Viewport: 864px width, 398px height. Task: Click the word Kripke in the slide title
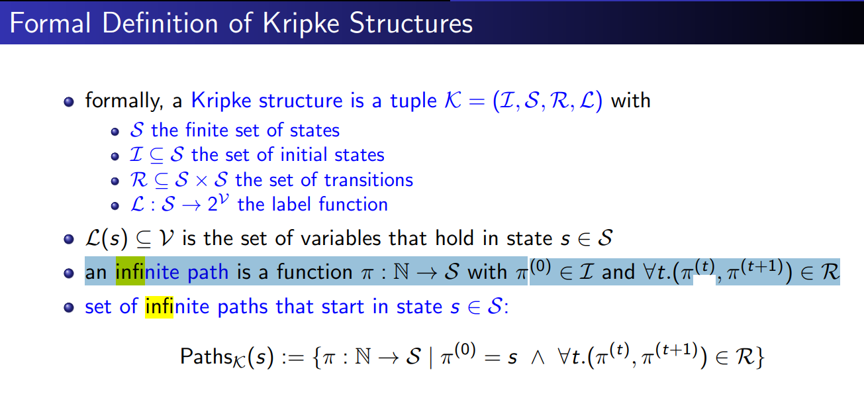pyautogui.click(x=301, y=24)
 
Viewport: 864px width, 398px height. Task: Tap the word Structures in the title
pyautogui.click(x=411, y=23)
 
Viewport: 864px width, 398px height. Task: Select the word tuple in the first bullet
pyautogui.click(x=413, y=101)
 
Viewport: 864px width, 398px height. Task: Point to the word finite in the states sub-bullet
pyautogui.click(x=206, y=130)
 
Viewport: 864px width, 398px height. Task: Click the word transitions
pyautogui.click(x=368, y=180)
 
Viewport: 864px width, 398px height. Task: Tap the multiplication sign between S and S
pyautogui.click(x=201, y=181)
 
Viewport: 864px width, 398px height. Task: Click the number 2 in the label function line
pyautogui.click(x=212, y=205)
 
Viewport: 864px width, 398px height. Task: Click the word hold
pyautogui.click(x=454, y=238)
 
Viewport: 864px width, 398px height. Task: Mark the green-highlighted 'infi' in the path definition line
pyautogui.click(x=130, y=271)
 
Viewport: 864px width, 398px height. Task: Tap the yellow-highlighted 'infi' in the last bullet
pyautogui.click(x=159, y=307)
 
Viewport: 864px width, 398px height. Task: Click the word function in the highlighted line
pyautogui.click(x=314, y=272)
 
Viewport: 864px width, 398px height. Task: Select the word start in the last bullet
pyautogui.click(x=342, y=307)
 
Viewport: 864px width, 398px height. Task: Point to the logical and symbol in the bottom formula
pyautogui.click(x=538, y=358)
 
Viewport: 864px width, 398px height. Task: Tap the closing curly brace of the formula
pyautogui.click(x=759, y=358)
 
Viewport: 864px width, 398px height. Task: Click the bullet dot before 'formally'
pyautogui.click(x=69, y=102)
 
